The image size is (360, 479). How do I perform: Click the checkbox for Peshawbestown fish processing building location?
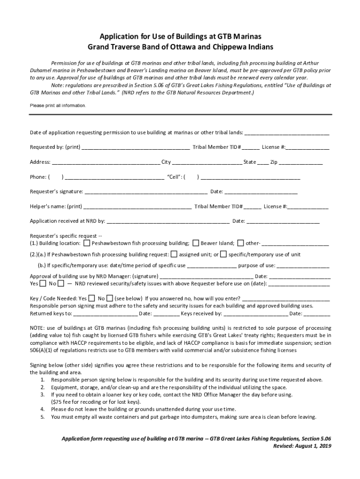point(87,243)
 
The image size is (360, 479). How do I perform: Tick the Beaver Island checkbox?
point(195,243)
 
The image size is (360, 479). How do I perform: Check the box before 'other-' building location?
point(240,243)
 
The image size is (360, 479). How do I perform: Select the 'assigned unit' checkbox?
point(174,254)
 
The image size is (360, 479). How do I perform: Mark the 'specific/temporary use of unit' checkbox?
point(223,254)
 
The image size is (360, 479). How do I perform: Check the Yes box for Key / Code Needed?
point(92,298)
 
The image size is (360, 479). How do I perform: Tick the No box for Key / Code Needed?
point(109,298)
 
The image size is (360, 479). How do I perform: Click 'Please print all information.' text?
point(58,106)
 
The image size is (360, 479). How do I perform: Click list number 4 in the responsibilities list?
point(43,409)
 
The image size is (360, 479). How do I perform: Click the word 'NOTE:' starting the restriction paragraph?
point(38,328)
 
